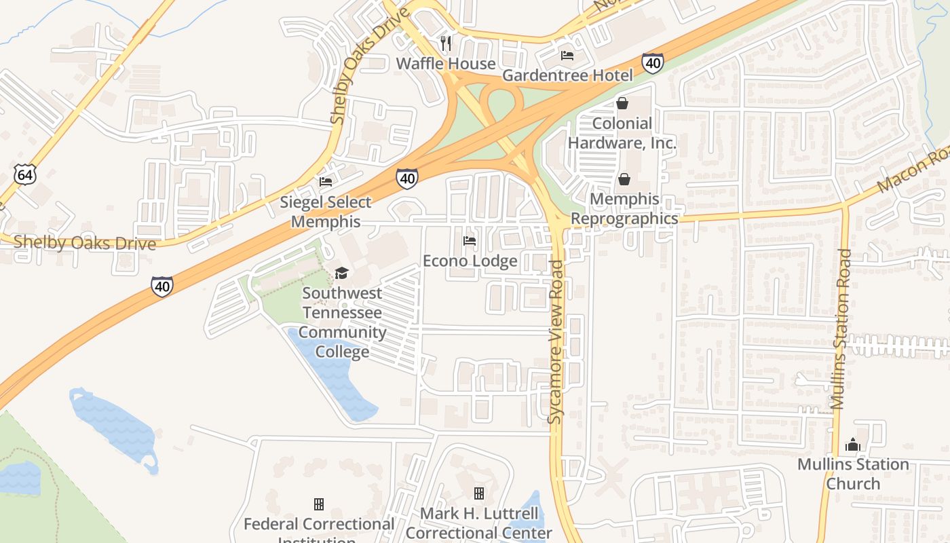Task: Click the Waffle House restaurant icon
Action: point(446,43)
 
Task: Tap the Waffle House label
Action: point(446,64)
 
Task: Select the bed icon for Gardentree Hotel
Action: point(567,56)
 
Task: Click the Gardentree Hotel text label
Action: point(567,75)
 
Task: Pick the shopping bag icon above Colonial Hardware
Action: point(622,104)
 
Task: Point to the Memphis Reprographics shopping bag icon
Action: point(624,180)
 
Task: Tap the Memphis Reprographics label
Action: point(624,208)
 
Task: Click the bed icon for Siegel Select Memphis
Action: point(326,182)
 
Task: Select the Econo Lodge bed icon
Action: point(469,241)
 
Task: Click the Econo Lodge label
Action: point(470,261)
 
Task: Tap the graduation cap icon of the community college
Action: point(341,273)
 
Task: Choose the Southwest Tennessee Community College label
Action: point(342,322)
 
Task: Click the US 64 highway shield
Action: point(24,174)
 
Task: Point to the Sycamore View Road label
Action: point(556,343)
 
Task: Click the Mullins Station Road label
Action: point(841,329)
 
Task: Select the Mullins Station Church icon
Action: point(853,445)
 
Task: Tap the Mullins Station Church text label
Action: point(853,474)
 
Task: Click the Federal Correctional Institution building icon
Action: point(318,504)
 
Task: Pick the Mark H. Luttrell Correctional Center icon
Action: point(479,493)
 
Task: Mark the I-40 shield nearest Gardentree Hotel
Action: point(653,63)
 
